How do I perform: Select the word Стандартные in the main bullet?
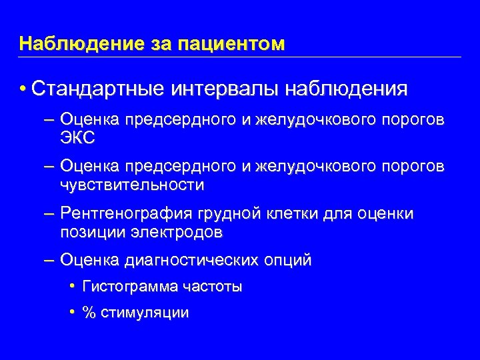[x=100, y=89]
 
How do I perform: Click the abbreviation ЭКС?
[x=77, y=138]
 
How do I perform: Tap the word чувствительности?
[x=132, y=185]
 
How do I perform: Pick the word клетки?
[x=296, y=213]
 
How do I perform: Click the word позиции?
[x=92, y=233]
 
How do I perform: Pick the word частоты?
[x=209, y=287]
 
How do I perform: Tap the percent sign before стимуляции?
[x=87, y=312]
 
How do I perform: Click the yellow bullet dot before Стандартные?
[x=23, y=89]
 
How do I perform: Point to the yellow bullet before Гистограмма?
[x=71, y=287]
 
